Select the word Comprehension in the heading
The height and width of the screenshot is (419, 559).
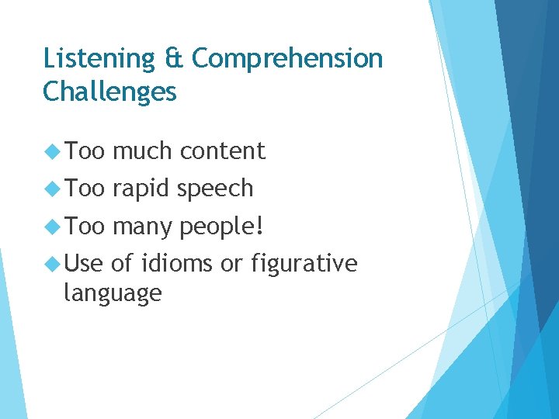[x=287, y=59]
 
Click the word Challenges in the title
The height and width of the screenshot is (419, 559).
[x=109, y=92]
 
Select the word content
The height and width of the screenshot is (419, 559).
[x=222, y=151]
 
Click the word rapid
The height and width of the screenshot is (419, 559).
[x=141, y=189]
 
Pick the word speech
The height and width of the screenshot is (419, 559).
[x=215, y=189]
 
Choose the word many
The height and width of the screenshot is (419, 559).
[x=143, y=227]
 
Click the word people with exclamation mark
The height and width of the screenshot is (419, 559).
[x=222, y=227]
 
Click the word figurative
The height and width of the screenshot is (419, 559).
[x=304, y=264]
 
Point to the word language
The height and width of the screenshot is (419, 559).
[x=113, y=293]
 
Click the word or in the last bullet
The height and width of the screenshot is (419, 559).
[x=231, y=265]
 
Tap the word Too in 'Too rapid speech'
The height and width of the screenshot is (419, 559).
[x=85, y=189]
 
